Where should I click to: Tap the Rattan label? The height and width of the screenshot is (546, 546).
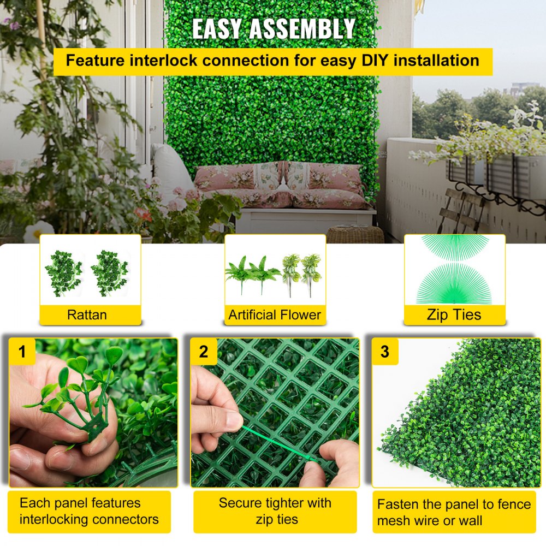click(x=87, y=314)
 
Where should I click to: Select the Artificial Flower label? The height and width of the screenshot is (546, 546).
click(x=275, y=314)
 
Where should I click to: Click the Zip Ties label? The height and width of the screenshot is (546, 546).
click(x=454, y=314)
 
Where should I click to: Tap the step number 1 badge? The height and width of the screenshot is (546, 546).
click(x=22, y=352)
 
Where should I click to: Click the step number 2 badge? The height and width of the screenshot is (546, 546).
click(x=204, y=352)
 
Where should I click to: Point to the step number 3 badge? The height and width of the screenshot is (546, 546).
click(x=385, y=352)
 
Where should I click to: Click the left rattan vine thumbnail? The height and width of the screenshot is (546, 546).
click(x=63, y=272)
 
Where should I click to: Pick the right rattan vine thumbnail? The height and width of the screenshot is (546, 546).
click(x=109, y=272)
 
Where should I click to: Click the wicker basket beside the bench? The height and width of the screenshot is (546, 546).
click(x=355, y=235)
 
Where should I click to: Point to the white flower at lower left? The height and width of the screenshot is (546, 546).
click(x=38, y=232)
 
